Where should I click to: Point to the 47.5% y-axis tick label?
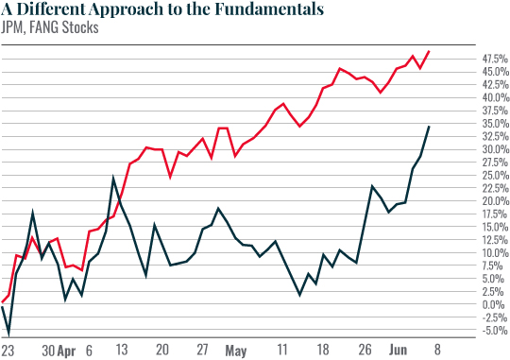pyautogui.click(x=486, y=59)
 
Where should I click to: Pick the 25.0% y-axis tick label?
pyautogui.click(x=486, y=175)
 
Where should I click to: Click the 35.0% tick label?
pyautogui.click(x=486, y=124)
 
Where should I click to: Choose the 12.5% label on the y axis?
pyautogui.click(x=486, y=240)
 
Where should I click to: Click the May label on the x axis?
pyautogui.click(x=236, y=351)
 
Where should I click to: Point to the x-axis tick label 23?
pyautogui.click(x=8, y=351)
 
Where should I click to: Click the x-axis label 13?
pyautogui.click(x=122, y=351)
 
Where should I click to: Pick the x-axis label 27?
pyautogui.click(x=201, y=351)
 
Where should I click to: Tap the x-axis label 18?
pyautogui.click(x=323, y=351)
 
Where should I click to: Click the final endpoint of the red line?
pyautogui.click(x=430, y=51)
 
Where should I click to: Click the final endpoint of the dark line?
pyautogui.click(x=430, y=127)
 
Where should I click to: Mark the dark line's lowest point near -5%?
pyautogui.click(x=8, y=334)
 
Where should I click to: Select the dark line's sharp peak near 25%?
pyautogui.click(x=113, y=178)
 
